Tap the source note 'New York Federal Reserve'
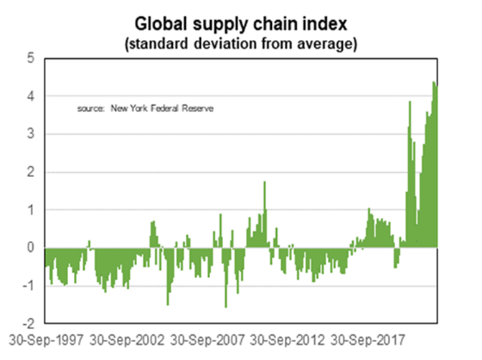[x=162, y=108]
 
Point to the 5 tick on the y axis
[x=31, y=58]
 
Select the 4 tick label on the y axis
[x=31, y=96]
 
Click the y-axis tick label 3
[x=31, y=134]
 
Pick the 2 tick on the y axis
[x=31, y=172]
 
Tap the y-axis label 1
[x=31, y=210]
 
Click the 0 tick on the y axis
[x=31, y=248]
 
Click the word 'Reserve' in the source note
[x=201, y=108]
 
